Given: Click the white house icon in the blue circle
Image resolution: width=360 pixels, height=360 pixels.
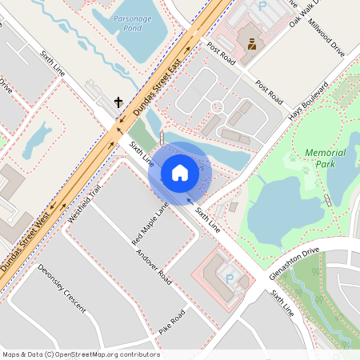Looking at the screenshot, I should [180, 172].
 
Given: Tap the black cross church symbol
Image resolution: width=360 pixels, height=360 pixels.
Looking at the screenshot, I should [118, 102].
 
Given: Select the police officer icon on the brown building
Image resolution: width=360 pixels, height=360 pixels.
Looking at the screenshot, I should [251, 43].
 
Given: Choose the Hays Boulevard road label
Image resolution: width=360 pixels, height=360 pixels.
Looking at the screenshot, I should [308, 101].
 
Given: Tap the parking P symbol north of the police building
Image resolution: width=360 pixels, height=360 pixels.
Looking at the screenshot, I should [261, 6].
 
